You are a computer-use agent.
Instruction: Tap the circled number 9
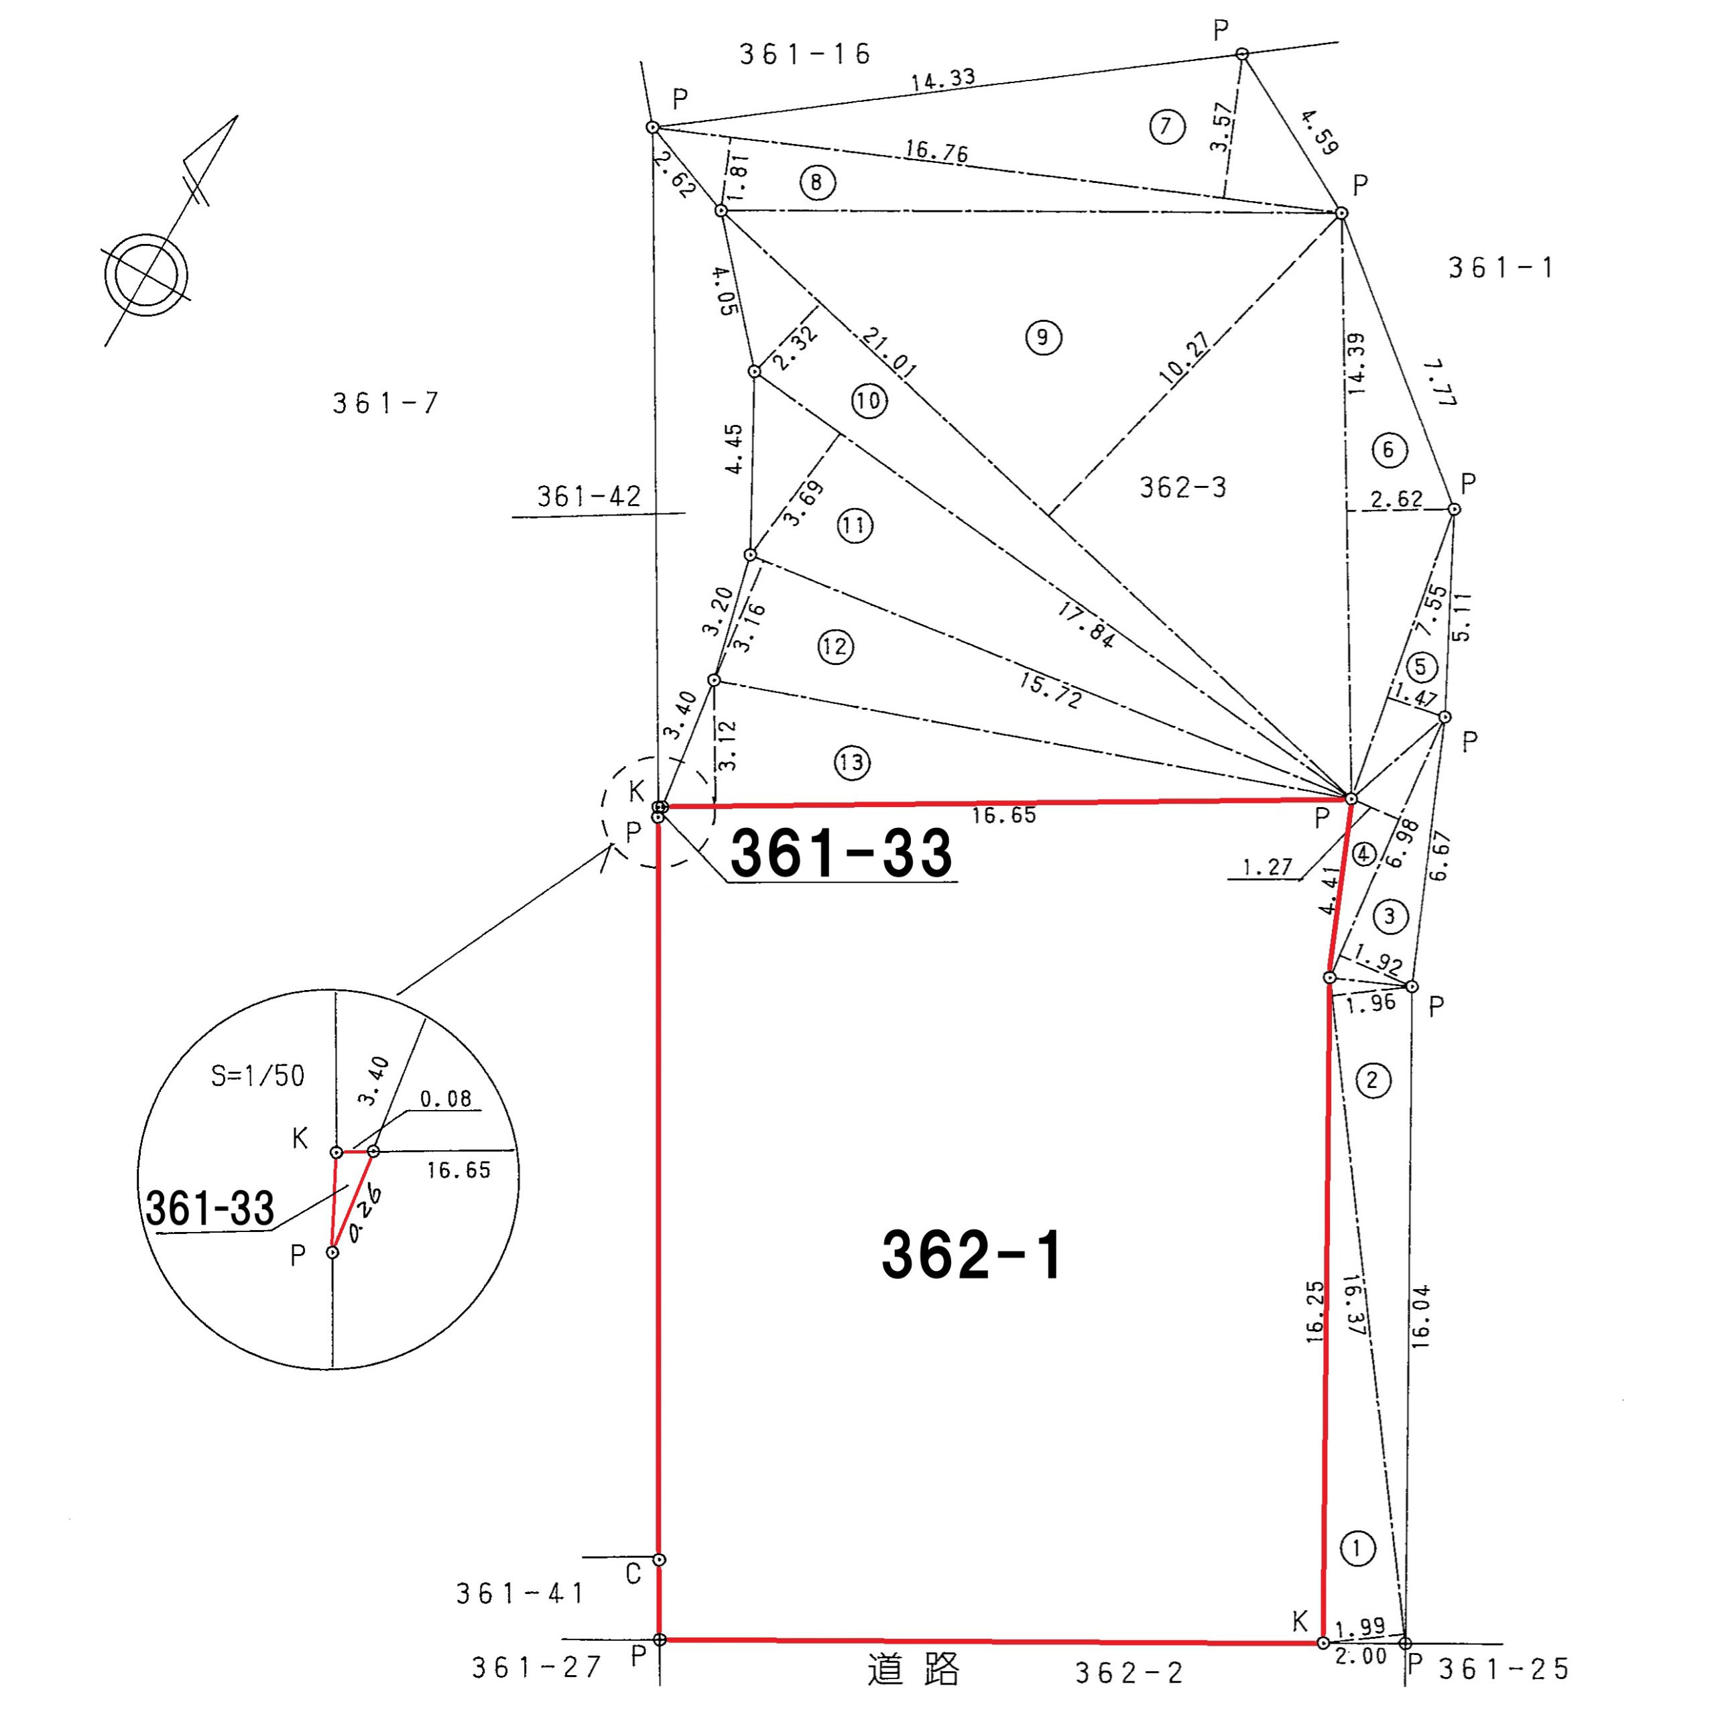point(1043,338)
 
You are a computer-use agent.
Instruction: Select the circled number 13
point(852,762)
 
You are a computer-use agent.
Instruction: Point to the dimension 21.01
point(889,353)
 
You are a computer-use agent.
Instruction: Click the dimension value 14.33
point(943,79)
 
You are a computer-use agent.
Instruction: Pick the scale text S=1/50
point(257,1076)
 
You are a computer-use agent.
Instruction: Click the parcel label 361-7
point(385,404)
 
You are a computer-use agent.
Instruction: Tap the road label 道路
point(914,1670)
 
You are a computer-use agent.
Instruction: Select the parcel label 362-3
point(1183,487)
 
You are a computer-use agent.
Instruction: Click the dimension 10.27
point(1184,357)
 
